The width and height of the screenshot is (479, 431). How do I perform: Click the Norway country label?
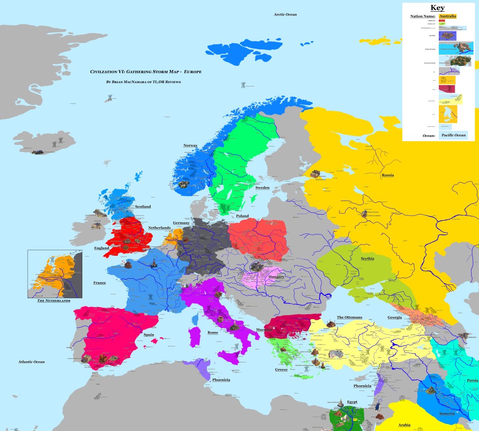(190, 145)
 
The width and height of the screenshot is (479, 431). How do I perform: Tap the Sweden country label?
(262, 187)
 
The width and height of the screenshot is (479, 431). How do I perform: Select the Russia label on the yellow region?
(387, 175)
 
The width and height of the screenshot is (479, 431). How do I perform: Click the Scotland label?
(143, 207)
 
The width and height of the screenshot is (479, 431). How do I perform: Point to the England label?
(102, 248)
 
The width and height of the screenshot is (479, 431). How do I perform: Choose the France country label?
(99, 283)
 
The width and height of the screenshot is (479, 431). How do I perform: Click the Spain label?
(149, 335)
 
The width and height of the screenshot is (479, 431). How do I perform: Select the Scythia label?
(367, 259)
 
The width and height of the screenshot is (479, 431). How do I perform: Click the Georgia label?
(394, 317)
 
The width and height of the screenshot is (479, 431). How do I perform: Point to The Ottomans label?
(349, 317)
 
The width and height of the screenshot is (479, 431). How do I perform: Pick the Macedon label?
(264, 330)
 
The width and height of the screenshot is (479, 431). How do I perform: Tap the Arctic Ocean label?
(285, 15)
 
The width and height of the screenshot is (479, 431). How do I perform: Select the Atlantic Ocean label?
(31, 362)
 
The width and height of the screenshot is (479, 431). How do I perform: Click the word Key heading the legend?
(437, 8)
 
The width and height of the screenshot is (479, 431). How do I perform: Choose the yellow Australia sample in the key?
(447, 16)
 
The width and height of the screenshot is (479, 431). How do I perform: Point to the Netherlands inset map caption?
(54, 301)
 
